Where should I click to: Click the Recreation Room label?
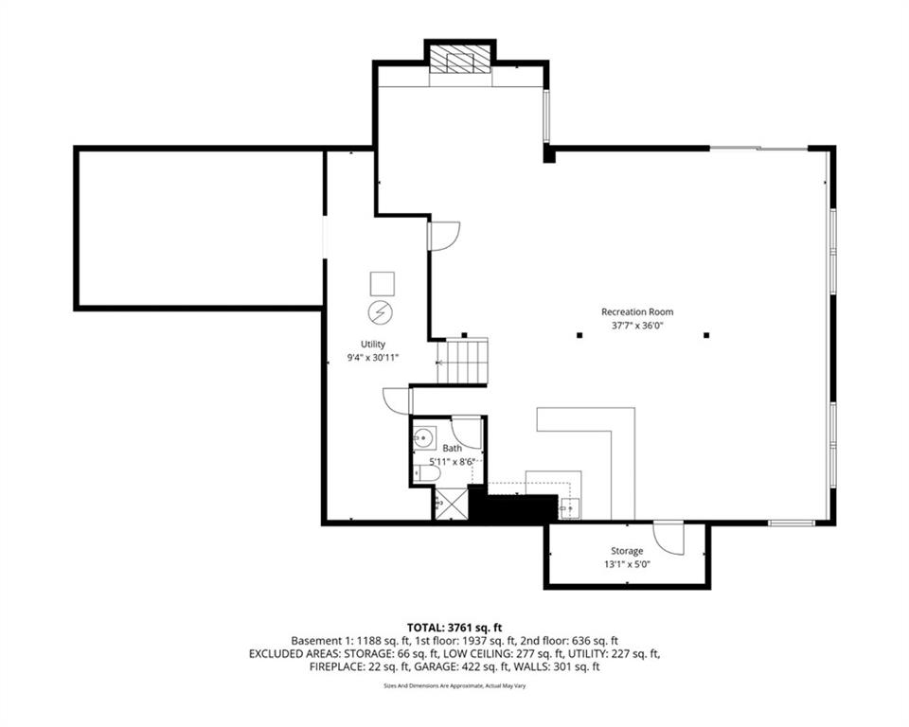click(637, 311)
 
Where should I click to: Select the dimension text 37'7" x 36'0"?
click(637, 326)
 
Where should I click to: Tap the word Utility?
click(372, 344)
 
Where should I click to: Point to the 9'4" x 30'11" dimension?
click(372, 358)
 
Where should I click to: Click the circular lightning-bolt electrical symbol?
click(381, 312)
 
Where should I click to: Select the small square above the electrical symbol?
click(382, 283)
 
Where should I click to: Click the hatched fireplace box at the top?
click(460, 62)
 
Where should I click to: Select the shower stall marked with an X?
click(451, 504)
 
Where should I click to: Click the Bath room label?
click(452, 448)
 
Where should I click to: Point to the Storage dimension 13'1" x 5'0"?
click(626, 564)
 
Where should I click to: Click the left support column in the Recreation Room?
click(579, 334)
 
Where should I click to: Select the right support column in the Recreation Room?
click(706, 334)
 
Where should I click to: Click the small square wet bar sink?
click(568, 508)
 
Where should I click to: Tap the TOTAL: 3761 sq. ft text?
click(454, 627)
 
